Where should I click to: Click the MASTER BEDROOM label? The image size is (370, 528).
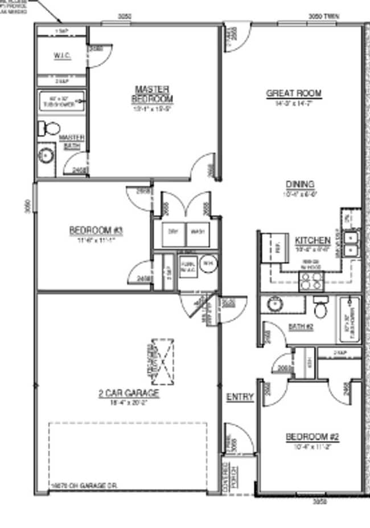(152, 94)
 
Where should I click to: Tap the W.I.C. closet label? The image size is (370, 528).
(62, 56)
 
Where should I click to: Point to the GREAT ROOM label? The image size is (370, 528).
(294, 93)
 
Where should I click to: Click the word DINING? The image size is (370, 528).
(300, 184)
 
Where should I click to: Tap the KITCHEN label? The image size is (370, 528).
(313, 240)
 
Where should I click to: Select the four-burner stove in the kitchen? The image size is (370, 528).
(312, 280)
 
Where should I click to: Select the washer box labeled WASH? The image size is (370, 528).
(197, 232)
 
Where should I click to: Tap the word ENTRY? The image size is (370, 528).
(240, 397)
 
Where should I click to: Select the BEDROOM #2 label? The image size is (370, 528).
(312, 437)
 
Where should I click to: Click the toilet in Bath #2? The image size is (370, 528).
(321, 308)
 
